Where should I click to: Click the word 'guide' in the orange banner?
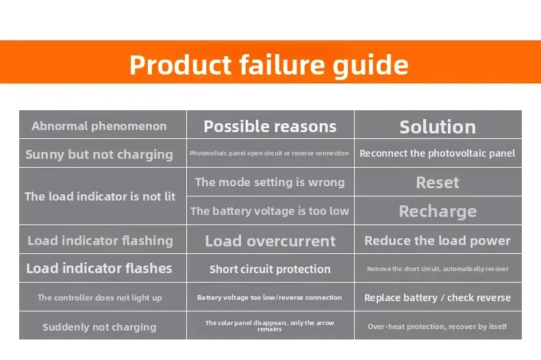tap(370, 66)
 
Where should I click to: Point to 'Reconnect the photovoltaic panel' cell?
tap(437, 153)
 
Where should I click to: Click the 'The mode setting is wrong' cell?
tap(270, 182)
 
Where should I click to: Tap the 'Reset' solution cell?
tap(438, 183)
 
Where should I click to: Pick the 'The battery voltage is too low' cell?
tap(270, 211)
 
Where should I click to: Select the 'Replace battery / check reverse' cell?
tap(438, 298)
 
